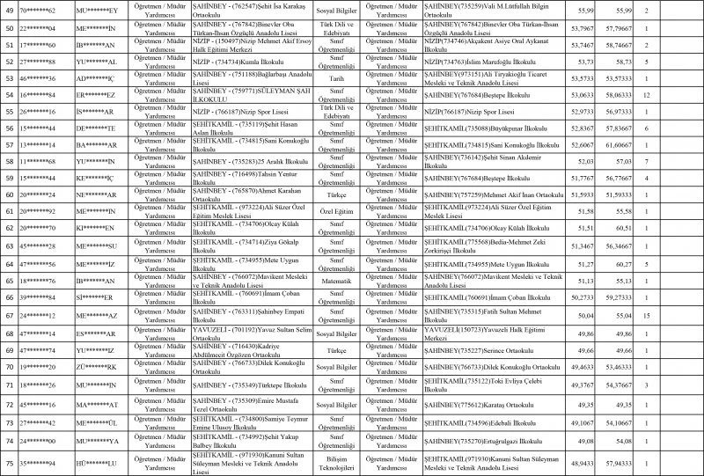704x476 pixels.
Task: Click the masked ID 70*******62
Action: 40,10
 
